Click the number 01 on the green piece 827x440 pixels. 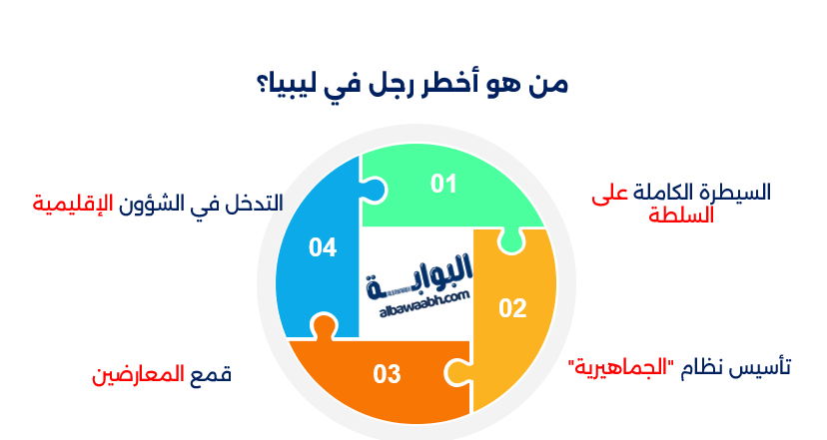[x=443, y=184]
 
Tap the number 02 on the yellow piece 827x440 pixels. [x=512, y=308]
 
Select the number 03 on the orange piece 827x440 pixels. [x=387, y=374]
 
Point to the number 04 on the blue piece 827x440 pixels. [x=322, y=247]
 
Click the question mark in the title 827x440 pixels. [x=261, y=84]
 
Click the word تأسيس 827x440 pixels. [x=764, y=367]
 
